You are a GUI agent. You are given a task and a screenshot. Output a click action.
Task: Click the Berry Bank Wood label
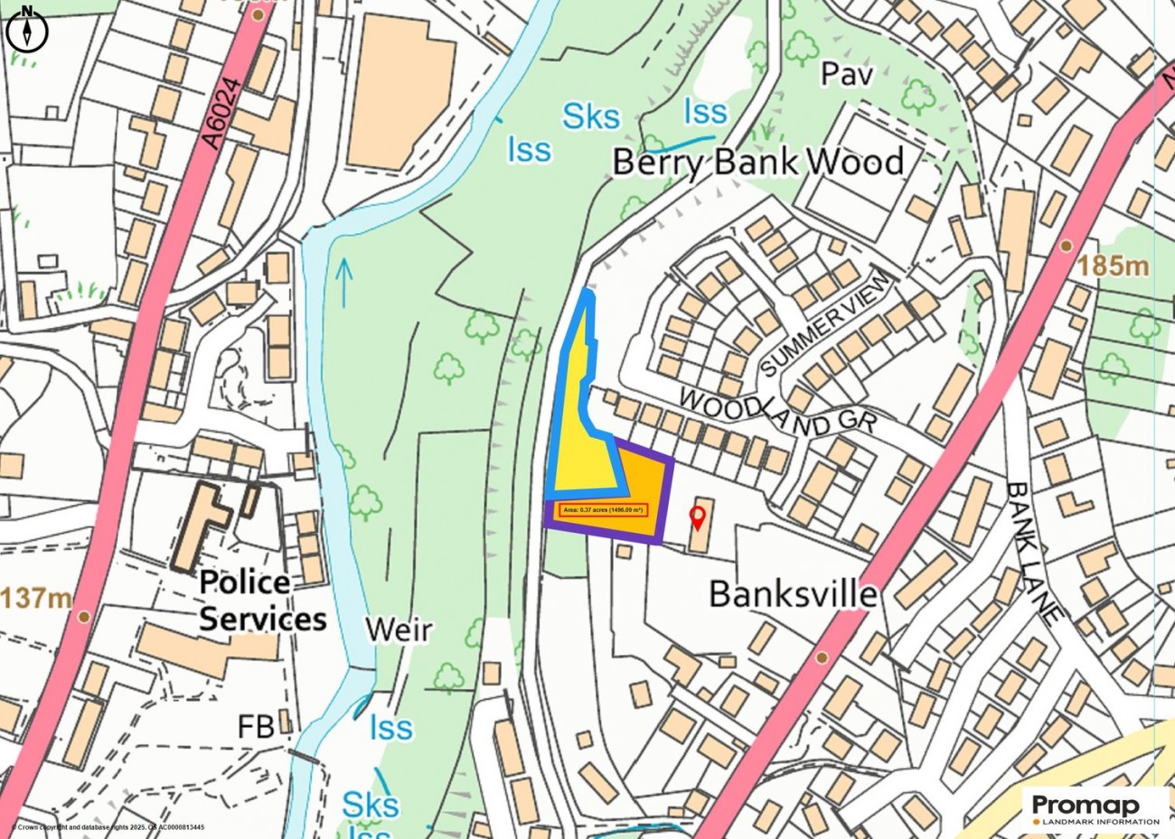tap(757, 163)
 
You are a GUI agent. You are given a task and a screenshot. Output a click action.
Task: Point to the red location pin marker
tap(697, 517)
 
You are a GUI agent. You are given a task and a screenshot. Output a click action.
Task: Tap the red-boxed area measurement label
tap(602, 510)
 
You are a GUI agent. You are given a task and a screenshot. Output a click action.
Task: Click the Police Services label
tap(262, 601)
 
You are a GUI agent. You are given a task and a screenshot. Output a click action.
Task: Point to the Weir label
tap(399, 629)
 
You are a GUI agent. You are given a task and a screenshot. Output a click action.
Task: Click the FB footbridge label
tap(256, 727)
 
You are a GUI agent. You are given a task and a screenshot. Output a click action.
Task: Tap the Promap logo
tap(1095, 806)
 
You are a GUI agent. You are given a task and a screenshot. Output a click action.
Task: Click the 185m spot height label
tap(1113, 266)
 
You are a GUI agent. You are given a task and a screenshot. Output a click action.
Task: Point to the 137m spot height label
tap(36, 598)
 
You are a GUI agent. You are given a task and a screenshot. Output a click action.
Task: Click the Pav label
tap(847, 74)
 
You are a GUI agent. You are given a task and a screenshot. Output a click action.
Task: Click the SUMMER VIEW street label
tap(826, 323)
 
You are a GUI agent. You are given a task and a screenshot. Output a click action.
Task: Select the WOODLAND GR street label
tap(778, 411)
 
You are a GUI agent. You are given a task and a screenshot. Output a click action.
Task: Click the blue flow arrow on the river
tap(343, 280)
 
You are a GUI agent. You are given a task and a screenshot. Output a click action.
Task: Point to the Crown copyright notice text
tap(107, 827)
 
